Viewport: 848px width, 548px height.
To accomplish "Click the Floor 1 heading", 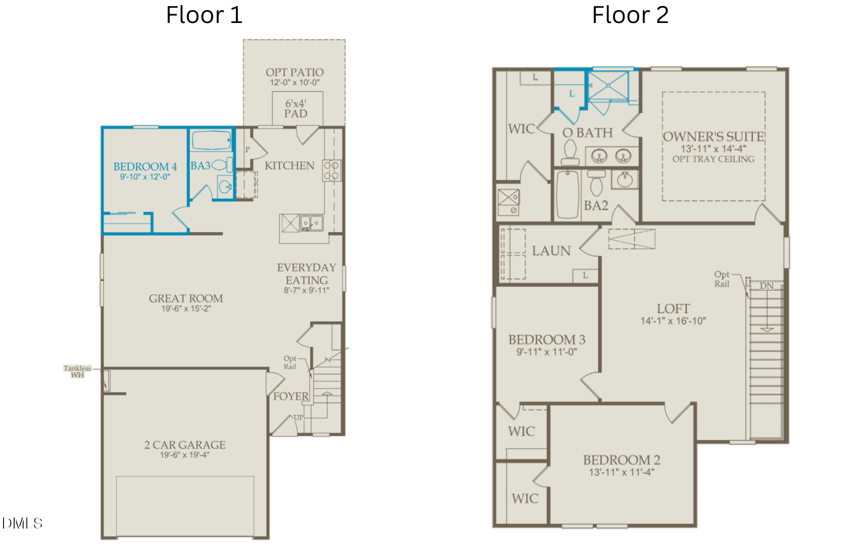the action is coord(204,15).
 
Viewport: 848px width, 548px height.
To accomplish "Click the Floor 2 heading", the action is coord(630,15).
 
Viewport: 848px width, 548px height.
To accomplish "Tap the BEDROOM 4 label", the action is coord(145,167).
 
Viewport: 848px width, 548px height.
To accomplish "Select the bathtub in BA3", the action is coord(212,141).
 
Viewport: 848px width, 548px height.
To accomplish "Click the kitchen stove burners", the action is coord(331,171).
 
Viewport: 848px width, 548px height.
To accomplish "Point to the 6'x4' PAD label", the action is coord(295,109).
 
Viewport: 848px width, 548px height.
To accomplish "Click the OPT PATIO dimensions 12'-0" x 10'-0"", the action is coord(295,83).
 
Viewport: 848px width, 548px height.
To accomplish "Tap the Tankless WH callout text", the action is coord(77,372).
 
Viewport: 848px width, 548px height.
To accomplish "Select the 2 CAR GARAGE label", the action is coord(185,445).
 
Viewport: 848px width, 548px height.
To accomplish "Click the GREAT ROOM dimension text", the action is coord(186,308).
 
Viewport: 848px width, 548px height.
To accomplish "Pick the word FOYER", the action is coord(291,396).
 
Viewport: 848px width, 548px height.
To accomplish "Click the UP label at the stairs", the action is coord(299,417).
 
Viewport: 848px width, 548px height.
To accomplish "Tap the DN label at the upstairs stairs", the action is coord(767,286).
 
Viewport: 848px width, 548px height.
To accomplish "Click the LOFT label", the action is coord(673,308).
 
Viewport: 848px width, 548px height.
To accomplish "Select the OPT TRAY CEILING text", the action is coord(713,159).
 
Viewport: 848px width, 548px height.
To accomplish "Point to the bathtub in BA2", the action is coord(568,195).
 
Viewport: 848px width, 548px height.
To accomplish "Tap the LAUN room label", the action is coord(551,251).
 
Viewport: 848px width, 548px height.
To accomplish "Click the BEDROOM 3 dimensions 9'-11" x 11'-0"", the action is coord(547,352).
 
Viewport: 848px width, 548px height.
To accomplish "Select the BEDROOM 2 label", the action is coord(621,460).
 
